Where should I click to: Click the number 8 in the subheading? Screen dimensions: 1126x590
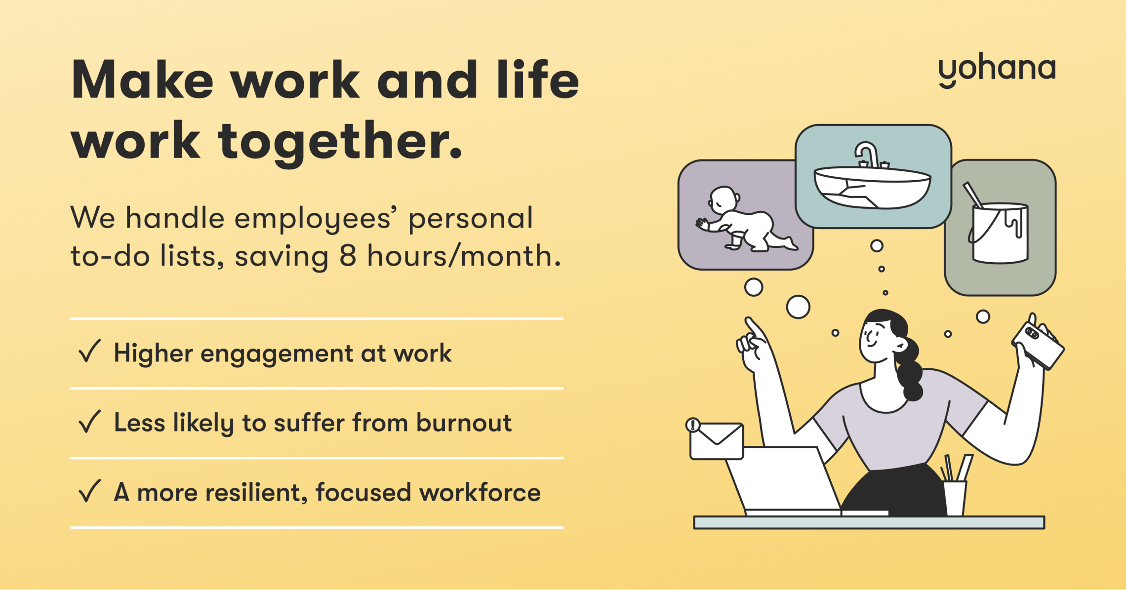tap(348, 256)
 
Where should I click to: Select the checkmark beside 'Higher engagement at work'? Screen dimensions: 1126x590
tap(89, 351)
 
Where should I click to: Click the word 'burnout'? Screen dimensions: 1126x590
tap(464, 423)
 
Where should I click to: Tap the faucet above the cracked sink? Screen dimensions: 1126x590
tap(869, 155)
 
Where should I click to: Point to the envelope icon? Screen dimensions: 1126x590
tap(717, 441)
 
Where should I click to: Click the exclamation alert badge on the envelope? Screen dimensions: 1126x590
tap(693, 425)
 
